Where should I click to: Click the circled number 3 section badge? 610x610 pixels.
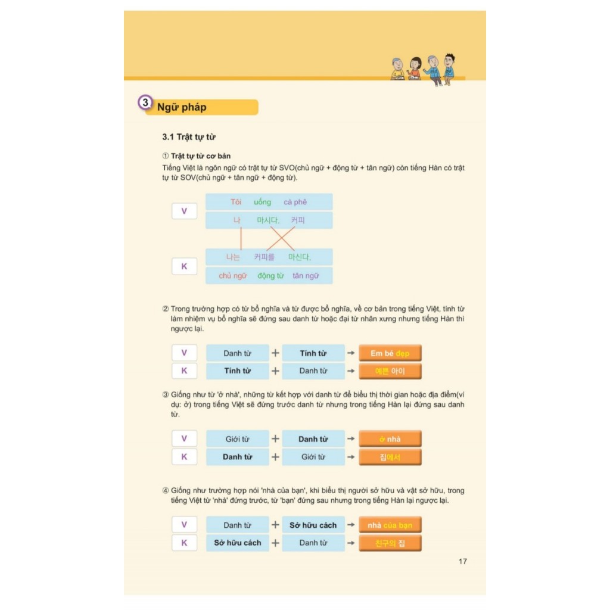coord(145,102)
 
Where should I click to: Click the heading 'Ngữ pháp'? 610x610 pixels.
coord(182,107)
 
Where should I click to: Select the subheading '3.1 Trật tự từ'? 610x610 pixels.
coord(189,137)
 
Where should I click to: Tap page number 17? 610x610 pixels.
coord(462,561)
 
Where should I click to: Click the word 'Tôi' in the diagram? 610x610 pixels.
coord(236,202)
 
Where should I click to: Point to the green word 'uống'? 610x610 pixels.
coord(262,202)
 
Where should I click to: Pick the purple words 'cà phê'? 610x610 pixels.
coord(295,202)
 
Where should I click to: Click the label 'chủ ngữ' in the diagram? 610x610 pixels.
coord(233,276)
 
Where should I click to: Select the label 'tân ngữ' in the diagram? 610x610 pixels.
coord(306,276)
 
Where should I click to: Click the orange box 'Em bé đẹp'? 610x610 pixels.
coord(390,353)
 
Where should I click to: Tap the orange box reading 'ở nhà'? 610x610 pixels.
coord(390,439)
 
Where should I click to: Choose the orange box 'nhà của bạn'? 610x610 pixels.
coord(390,525)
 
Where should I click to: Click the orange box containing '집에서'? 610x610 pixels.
coord(390,457)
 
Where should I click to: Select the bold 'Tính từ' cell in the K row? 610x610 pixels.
coord(237,371)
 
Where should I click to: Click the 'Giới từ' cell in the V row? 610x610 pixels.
coord(237,439)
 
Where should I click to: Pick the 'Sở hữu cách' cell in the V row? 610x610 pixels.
coord(313,525)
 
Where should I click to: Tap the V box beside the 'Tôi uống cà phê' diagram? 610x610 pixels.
coord(184,211)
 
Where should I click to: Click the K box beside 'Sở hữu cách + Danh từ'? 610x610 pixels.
coord(184,543)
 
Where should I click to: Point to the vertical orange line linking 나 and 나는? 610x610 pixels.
coord(241,238)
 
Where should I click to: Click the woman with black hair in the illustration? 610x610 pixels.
coord(415,69)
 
